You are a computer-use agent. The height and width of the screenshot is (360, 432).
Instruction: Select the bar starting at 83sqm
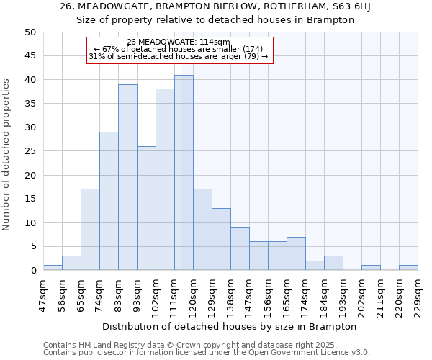pos(127,177)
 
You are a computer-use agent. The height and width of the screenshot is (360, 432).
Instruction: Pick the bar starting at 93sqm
pos(146,208)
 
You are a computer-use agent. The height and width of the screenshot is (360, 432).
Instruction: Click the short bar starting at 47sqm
pos(53,268)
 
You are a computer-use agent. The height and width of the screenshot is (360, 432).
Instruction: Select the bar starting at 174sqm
pos(315,266)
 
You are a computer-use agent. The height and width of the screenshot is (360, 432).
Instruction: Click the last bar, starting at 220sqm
pos(408,268)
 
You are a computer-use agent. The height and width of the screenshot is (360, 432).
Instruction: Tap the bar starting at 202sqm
pos(371,268)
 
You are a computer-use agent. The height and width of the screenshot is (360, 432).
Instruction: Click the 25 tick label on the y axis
pos(30,151)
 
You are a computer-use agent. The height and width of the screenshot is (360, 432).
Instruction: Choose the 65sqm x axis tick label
pos(81,293)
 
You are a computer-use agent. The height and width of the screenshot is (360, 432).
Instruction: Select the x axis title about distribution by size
pos(230,326)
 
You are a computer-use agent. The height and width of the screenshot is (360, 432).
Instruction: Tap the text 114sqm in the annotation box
pos(215,42)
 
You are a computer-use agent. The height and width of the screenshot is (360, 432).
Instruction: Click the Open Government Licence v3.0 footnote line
pos(207,353)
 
